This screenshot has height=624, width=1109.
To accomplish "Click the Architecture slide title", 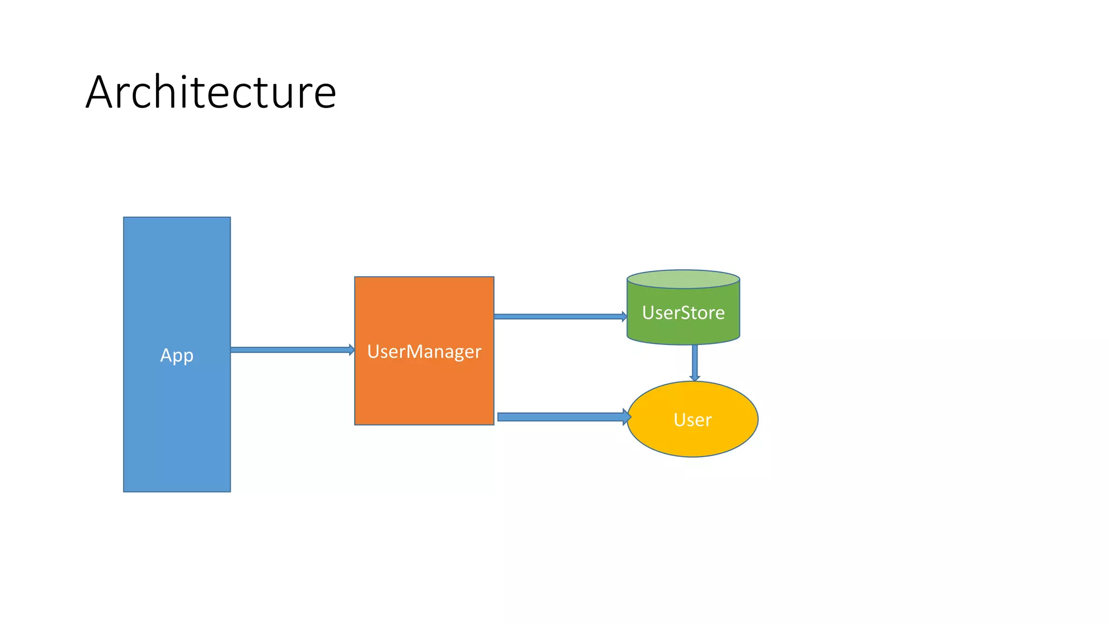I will pyautogui.click(x=211, y=92).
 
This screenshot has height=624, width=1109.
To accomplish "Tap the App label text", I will pyautogui.click(x=177, y=356).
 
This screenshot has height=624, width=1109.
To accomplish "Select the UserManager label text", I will pyautogui.click(x=424, y=352).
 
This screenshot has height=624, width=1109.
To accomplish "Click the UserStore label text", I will pyautogui.click(x=683, y=313).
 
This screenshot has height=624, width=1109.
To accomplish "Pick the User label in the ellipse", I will pyautogui.click(x=692, y=420).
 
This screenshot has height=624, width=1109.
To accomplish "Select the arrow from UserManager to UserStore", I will pyautogui.click(x=558, y=316).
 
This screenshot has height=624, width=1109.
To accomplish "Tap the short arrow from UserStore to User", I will pyautogui.click(x=695, y=360).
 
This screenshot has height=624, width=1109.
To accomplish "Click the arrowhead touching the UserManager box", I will pyautogui.click(x=351, y=350).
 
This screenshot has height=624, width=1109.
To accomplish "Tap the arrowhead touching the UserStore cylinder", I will pyautogui.click(x=624, y=316).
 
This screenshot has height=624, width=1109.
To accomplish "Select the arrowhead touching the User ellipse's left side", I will pyautogui.click(x=628, y=417).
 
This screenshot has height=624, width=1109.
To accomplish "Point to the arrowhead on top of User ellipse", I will pyautogui.click(x=695, y=378).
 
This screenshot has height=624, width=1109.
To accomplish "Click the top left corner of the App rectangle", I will pyautogui.click(x=124, y=218).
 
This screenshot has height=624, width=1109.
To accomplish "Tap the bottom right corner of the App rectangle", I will pyautogui.click(x=230, y=491).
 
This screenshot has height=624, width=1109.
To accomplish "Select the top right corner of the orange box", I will pyautogui.click(x=493, y=277).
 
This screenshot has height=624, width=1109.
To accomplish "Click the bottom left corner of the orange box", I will pyautogui.click(x=355, y=424).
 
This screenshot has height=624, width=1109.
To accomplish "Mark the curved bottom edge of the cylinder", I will pyautogui.click(x=683, y=344).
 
